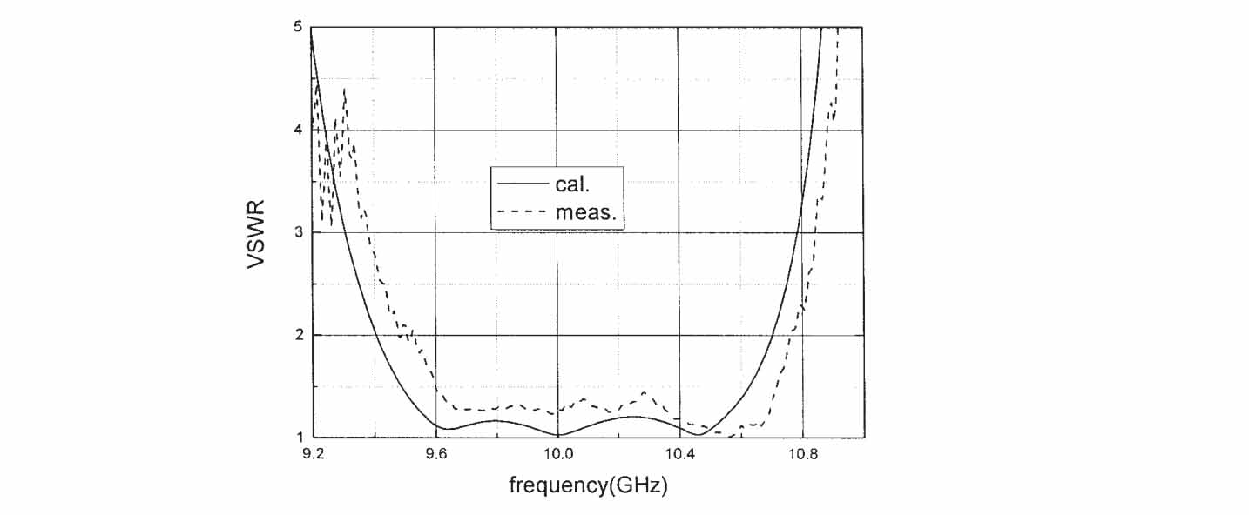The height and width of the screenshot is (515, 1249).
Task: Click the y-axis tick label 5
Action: pos(297,27)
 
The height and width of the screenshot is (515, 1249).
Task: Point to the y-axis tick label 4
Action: pos(297,130)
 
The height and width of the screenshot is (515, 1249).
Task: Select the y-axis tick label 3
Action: pos(297,232)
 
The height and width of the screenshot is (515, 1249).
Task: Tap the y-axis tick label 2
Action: pos(297,335)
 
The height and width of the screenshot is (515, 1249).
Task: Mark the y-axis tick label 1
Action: pos(297,438)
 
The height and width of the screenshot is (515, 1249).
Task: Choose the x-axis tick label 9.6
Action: pos(435,453)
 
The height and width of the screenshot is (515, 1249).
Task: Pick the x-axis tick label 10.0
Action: pos(557,453)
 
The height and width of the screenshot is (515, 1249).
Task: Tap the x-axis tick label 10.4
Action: pos(680,453)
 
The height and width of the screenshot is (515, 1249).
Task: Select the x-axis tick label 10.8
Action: pos(803,453)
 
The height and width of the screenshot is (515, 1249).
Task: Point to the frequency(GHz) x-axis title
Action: pos(588,486)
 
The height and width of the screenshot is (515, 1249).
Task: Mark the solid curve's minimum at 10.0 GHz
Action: pos(557,434)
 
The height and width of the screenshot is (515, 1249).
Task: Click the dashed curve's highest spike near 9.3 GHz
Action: pos(345,90)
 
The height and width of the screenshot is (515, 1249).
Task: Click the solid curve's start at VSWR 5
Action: pos(312,29)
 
